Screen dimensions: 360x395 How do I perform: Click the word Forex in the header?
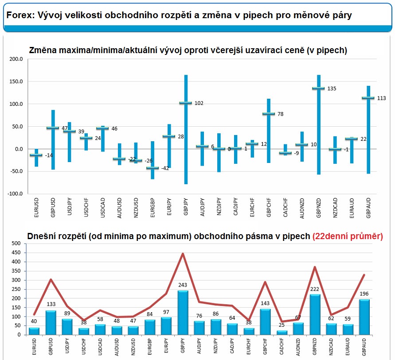click(x=17, y=15)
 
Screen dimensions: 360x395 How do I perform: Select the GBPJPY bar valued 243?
click(x=183, y=313)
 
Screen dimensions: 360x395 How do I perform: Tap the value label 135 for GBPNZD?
click(x=332, y=89)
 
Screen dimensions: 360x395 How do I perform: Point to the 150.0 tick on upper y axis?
click(x=16, y=81)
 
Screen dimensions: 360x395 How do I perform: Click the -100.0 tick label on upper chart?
click(x=15, y=194)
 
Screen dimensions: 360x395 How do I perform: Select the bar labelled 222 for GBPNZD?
click(x=315, y=314)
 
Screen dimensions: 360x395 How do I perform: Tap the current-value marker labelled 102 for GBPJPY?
click(x=186, y=103)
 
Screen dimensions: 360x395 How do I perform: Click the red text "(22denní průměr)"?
click(x=348, y=236)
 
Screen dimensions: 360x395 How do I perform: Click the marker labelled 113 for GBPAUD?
click(x=368, y=98)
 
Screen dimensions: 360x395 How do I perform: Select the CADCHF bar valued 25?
click(x=282, y=332)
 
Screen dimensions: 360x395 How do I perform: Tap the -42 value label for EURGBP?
click(x=165, y=168)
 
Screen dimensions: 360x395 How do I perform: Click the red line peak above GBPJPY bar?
click(x=183, y=254)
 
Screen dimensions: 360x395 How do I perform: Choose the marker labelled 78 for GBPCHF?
click(x=269, y=114)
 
